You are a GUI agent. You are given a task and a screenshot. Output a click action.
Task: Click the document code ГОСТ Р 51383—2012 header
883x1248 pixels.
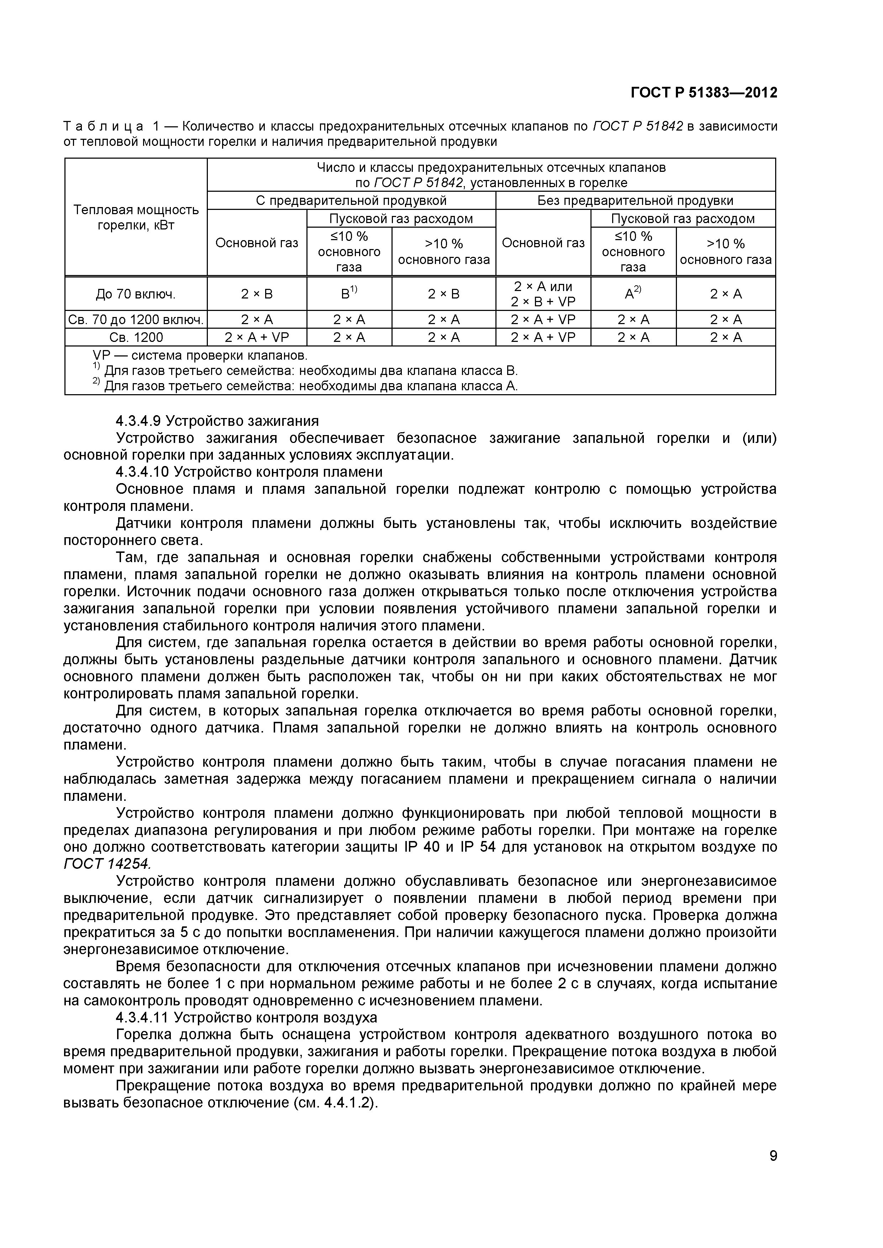[x=704, y=93]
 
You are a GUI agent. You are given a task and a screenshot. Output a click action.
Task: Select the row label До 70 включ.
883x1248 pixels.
[x=135, y=295]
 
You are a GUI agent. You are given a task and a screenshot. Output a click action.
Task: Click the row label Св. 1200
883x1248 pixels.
[x=135, y=338]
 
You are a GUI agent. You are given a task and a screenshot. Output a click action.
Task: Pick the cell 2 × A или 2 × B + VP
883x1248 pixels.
[x=543, y=294]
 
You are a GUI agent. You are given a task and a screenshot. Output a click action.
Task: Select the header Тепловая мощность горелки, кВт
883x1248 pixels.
[x=136, y=217]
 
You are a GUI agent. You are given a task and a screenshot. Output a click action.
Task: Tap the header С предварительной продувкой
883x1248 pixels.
[x=351, y=201]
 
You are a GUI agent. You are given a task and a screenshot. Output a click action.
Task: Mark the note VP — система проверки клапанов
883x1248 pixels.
[x=200, y=356]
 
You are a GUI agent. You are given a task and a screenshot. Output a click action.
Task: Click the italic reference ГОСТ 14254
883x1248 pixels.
[x=107, y=864]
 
